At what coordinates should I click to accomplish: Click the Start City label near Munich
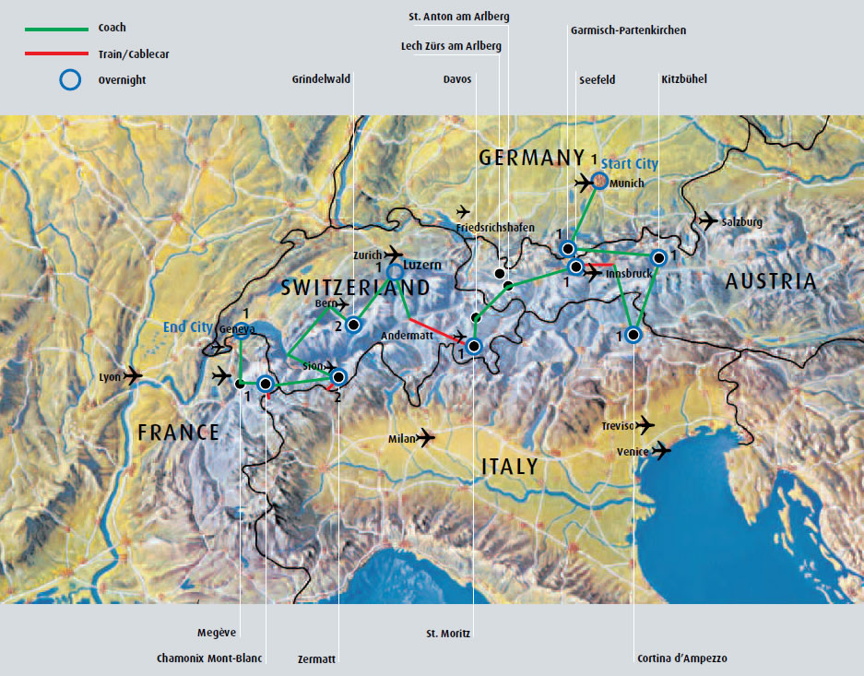point(635,164)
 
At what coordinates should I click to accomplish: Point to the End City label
point(187,327)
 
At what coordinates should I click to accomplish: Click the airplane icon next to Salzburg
point(707,220)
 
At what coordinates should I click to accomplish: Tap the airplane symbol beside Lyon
point(132,376)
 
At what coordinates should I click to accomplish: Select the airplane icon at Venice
point(661,451)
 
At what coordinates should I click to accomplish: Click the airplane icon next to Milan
point(425,438)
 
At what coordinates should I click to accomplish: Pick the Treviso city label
point(617,426)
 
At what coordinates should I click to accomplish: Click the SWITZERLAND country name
point(355,289)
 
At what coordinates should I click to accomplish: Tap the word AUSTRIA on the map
point(771,282)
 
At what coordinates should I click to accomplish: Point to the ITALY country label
point(509,467)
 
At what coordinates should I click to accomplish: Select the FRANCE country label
point(178,433)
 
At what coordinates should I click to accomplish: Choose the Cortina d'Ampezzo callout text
point(682,658)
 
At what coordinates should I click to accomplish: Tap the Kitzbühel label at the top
point(684,79)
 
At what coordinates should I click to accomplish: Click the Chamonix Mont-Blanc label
point(209,658)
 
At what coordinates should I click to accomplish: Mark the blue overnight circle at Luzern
point(396,271)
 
